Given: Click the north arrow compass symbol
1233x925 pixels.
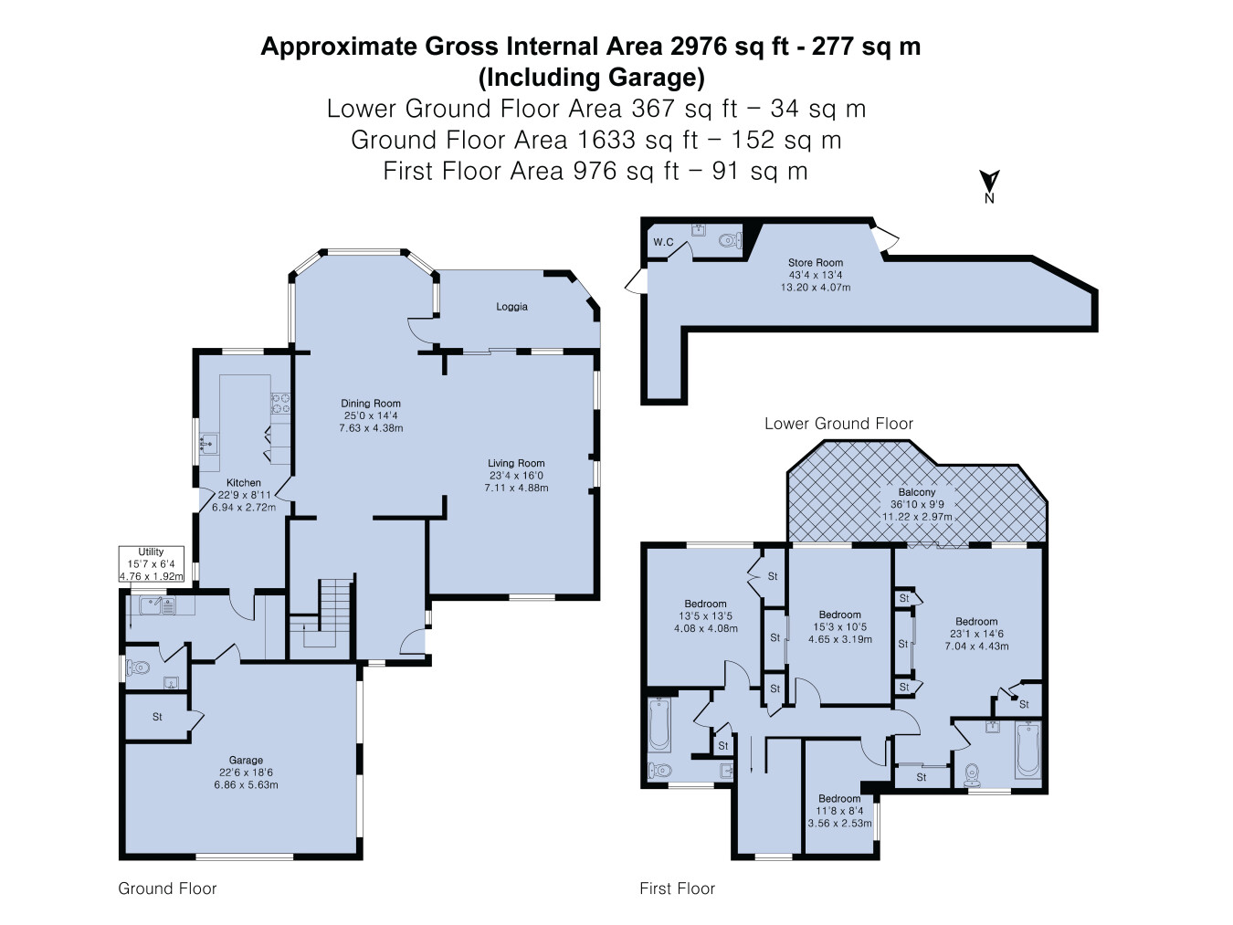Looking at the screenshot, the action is [989, 186].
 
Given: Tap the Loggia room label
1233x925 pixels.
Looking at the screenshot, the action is [511, 307].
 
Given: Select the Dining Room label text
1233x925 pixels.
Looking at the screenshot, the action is [371, 404].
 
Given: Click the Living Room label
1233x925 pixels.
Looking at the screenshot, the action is [516, 463].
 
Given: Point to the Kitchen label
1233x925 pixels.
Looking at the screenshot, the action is [244, 482].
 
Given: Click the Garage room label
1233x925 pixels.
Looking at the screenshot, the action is [246, 761].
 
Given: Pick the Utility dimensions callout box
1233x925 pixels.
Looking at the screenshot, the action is [151, 564].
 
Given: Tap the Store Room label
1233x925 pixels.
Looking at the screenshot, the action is [815, 262].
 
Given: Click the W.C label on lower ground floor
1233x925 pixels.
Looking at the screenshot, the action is [663, 242].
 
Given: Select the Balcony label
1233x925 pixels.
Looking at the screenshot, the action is [917, 492].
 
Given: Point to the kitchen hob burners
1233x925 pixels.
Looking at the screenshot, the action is [281, 404].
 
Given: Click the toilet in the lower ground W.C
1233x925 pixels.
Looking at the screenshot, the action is [731, 241].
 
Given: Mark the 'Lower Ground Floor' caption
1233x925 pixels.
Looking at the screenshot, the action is [838, 424].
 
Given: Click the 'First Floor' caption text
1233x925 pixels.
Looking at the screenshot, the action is [678, 888].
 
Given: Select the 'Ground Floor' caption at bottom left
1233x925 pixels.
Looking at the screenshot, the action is [167, 888].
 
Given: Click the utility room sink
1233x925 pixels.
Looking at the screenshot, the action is [157, 605].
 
